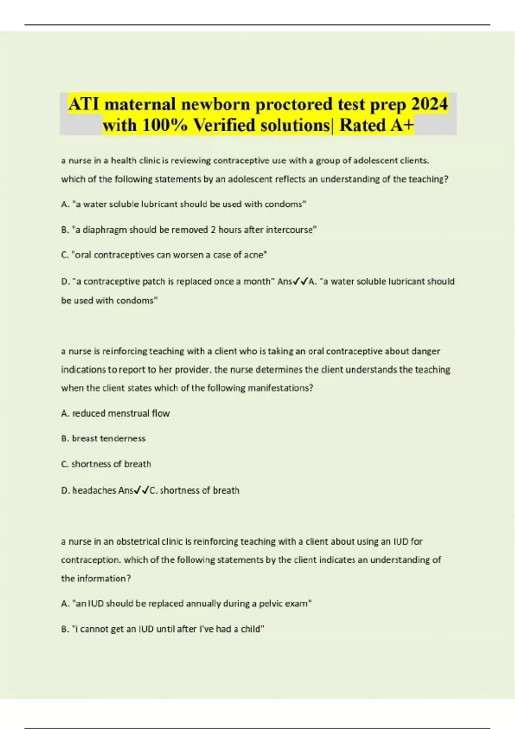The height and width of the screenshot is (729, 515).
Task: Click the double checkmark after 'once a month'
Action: [x=300, y=282]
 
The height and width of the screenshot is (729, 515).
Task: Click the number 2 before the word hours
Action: [x=213, y=230]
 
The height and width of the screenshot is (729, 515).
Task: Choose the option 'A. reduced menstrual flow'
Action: [x=115, y=413]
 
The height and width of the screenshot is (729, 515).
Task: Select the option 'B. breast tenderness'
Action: [x=103, y=439]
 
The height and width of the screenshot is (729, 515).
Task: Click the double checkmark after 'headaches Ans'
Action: [x=142, y=491]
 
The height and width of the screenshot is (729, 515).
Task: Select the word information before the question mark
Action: [x=101, y=578]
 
